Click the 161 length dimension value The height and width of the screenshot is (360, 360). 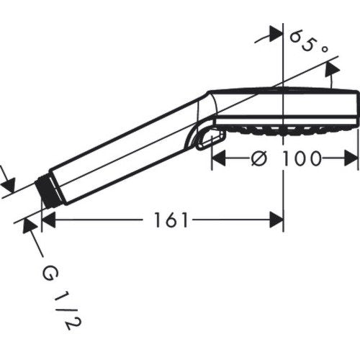[x=171, y=220]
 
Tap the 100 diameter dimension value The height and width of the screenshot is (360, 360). [x=301, y=158]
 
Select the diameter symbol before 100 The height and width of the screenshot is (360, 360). [x=259, y=158]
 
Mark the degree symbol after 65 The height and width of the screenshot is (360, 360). [x=324, y=49]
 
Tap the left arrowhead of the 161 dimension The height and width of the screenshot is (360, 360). [x=48, y=220]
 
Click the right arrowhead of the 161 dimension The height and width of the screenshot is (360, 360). [x=276, y=220]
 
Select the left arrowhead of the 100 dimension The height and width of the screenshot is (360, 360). [x=219, y=158]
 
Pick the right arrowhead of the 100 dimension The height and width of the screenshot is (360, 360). [x=351, y=158]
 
